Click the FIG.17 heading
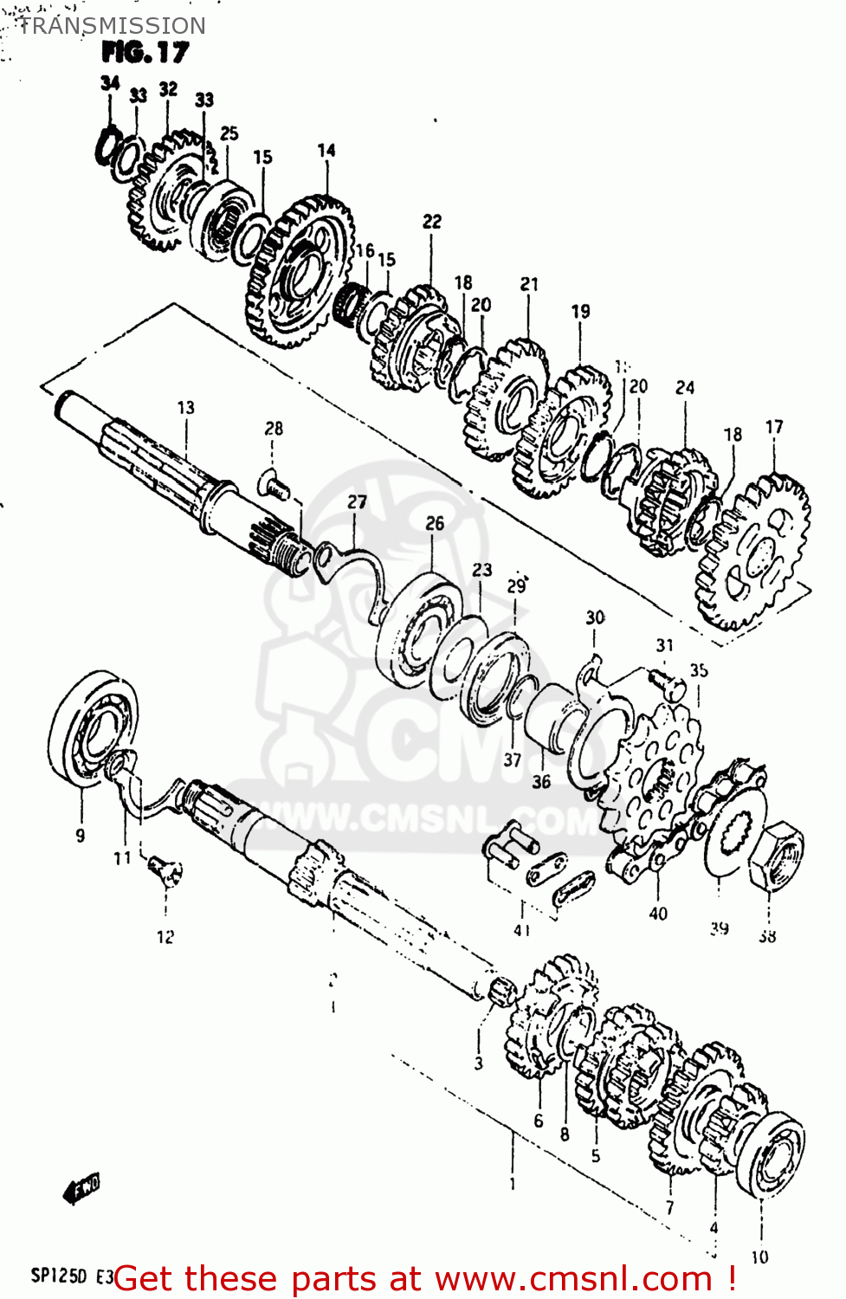tap(145, 53)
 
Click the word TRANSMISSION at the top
tap(112, 26)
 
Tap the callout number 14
tap(326, 150)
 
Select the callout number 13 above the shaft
tap(185, 407)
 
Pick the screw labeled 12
tap(165, 869)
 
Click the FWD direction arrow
tap(82, 1188)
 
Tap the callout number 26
tap(435, 523)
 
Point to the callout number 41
tap(521, 930)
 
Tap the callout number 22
tap(432, 222)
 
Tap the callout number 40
tap(658, 913)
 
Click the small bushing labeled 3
tap(500, 992)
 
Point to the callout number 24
tap(685, 387)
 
